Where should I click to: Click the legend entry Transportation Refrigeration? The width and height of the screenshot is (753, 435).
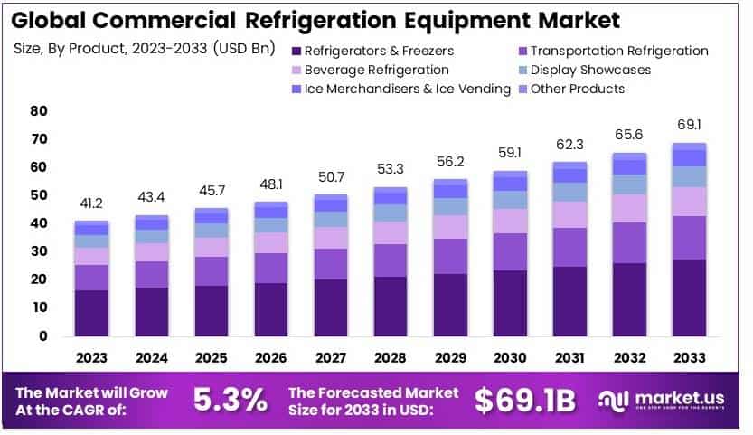point(618,51)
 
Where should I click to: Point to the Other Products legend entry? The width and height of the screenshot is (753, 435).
point(577,89)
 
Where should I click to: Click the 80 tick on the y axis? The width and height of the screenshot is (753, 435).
point(38,111)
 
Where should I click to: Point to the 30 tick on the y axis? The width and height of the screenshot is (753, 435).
point(38,251)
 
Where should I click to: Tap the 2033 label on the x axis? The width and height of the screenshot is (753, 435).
point(689,357)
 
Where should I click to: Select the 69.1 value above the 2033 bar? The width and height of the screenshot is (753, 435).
point(689,125)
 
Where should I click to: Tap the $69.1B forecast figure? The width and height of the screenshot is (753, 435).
point(524,401)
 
